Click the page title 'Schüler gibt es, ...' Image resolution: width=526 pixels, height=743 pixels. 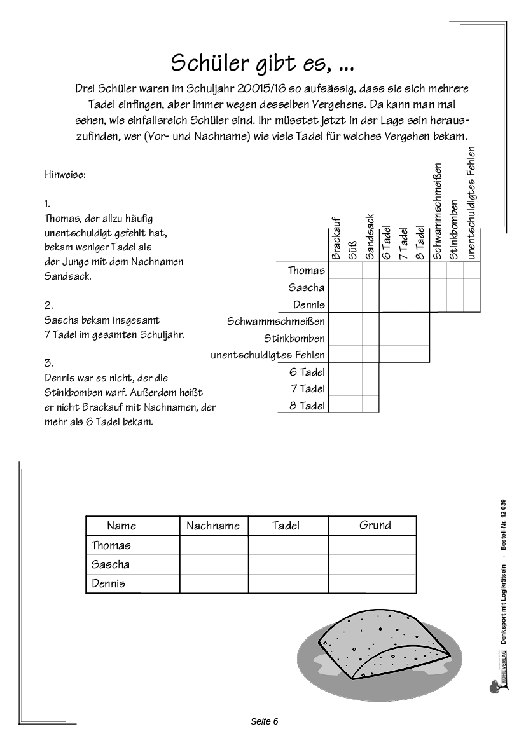(263, 63)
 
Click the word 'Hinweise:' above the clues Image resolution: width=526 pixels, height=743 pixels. (66, 174)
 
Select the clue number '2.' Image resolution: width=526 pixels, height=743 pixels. (49, 305)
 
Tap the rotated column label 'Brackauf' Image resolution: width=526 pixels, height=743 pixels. (337, 238)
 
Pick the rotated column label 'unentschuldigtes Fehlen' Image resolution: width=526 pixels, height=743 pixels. (471, 203)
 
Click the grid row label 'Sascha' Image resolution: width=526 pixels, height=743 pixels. (306, 288)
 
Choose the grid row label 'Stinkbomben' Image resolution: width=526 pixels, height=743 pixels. (294, 338)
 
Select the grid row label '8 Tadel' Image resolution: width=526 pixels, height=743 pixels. (307, 406)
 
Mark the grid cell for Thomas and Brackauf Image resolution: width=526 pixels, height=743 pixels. (337, 271)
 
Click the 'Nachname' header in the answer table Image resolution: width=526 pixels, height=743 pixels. (213, 526)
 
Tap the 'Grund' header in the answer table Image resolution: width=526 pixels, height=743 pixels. (375, 525)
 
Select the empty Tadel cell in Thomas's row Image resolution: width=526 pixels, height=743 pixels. (288, 545)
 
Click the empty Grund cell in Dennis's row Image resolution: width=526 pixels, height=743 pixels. (372, 583)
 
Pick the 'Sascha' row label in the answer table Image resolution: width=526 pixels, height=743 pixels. (111, 564)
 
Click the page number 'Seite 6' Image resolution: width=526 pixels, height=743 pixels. (265, 721)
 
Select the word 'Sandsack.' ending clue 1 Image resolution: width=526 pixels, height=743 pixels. (67, 277)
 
